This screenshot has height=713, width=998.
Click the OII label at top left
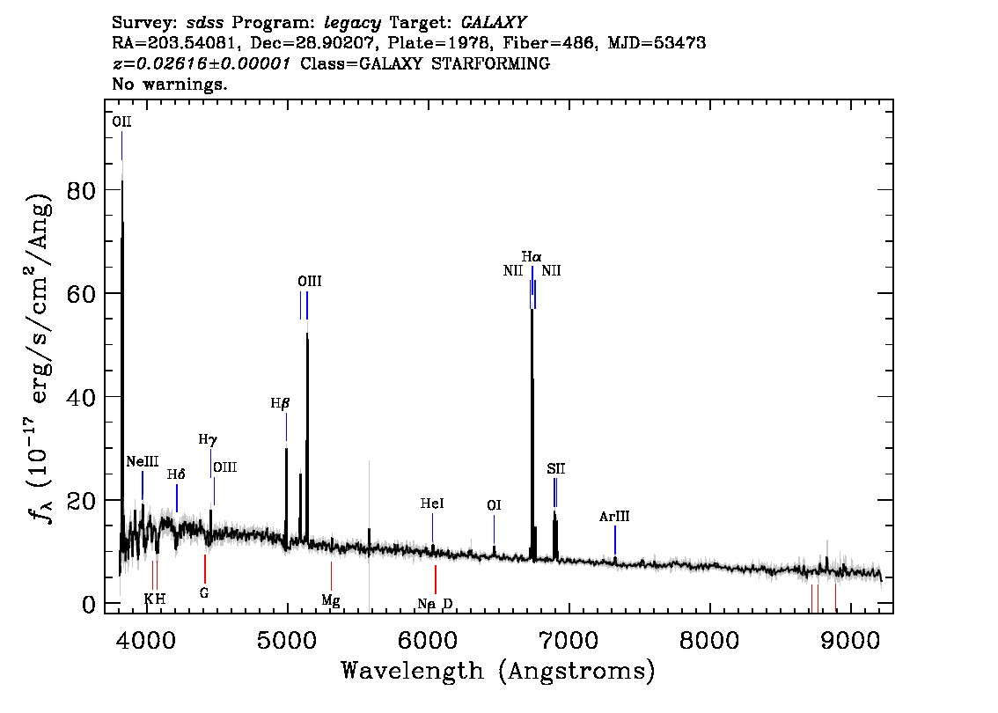click(x=121, y=121)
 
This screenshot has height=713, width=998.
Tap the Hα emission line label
click(x=532, y=257)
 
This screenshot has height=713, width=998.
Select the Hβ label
click(x=280, y=404)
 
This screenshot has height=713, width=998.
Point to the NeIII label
click(x=142, y=461)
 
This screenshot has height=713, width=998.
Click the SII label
click(x=555, y=469)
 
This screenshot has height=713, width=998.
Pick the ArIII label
click(x=614, y=517)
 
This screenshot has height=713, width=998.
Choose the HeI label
click(x=432, y=504)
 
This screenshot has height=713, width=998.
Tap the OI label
click(x=494, y=505)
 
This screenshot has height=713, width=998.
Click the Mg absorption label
click(x=330, y=600)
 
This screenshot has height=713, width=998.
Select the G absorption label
click(x=203, y=593)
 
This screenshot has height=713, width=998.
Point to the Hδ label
click(x=176, y=475)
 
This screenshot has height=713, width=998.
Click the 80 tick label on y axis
click(x=82, y=190)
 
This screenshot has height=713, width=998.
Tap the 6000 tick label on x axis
click(x=428, y=641)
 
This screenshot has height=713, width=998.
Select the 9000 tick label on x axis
click(x=849, y=641)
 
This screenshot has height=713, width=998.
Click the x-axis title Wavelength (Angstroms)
click(x=498, y=671)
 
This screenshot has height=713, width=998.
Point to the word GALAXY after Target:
click(x=493, y=23)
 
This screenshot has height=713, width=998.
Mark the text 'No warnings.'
click(x=169, y=84)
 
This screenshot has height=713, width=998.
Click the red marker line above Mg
click(x=331, y=577)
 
